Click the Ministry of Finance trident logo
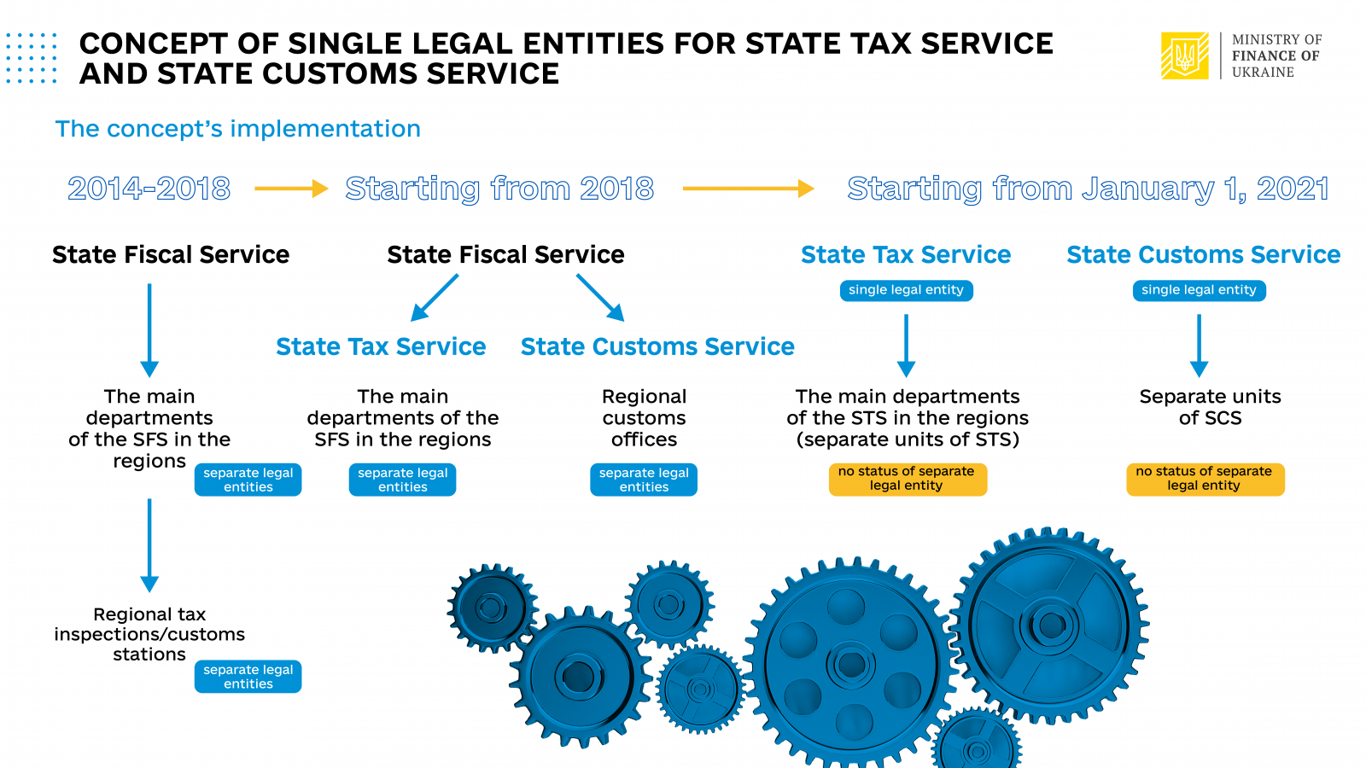1184,55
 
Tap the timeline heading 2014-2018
149,189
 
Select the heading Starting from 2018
499,189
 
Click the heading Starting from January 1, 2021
1088,189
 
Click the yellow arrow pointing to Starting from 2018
291,189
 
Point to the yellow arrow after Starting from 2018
748,189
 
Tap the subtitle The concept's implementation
238,129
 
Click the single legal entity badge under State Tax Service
906,290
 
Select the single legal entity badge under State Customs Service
1199,290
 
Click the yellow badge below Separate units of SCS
1205,479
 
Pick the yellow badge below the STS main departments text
908,479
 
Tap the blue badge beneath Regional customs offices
644,480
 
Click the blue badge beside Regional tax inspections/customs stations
248,677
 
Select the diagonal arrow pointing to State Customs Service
600,298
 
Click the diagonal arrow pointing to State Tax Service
435,298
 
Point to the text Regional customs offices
644,418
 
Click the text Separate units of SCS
1210,407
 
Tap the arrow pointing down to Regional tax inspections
149,545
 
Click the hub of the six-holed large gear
850,666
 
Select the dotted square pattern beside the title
32,58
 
